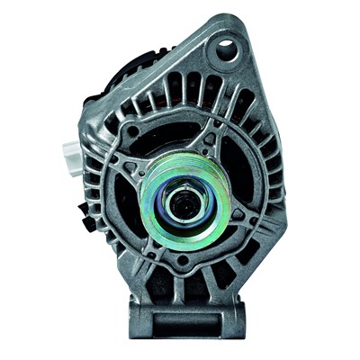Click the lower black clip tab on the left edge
pos(86,216)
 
